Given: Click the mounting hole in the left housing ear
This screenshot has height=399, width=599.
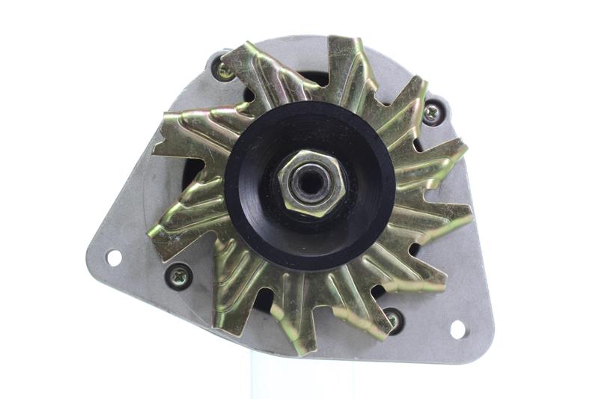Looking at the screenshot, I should coord(114,258).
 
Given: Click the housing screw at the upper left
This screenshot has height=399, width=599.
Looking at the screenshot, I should coord(224,71).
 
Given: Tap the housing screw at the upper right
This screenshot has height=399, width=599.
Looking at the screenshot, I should coord(434,113).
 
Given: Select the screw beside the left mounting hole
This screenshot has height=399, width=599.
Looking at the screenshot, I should coord(179,276).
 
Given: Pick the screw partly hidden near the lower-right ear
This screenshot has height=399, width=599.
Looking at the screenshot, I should coord(394,320).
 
